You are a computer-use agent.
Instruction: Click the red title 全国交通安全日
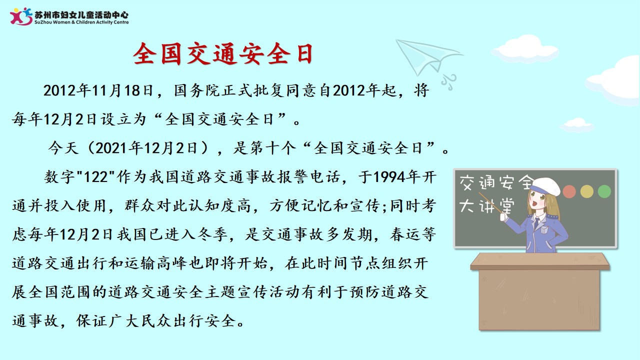pos(223,53)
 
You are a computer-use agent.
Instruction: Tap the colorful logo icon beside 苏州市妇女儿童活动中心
pos(21,16)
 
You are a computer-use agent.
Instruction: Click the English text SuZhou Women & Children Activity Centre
pos(81,22)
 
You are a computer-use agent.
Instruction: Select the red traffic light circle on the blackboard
pos(569,191)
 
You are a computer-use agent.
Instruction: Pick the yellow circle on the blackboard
pos(587,191)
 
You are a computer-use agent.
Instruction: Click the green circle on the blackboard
pos(604,191)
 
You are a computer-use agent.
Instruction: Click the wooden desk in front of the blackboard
pos(539,291)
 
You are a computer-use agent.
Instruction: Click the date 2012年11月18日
pos(98,90)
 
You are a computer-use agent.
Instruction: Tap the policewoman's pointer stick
pos(490,202)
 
